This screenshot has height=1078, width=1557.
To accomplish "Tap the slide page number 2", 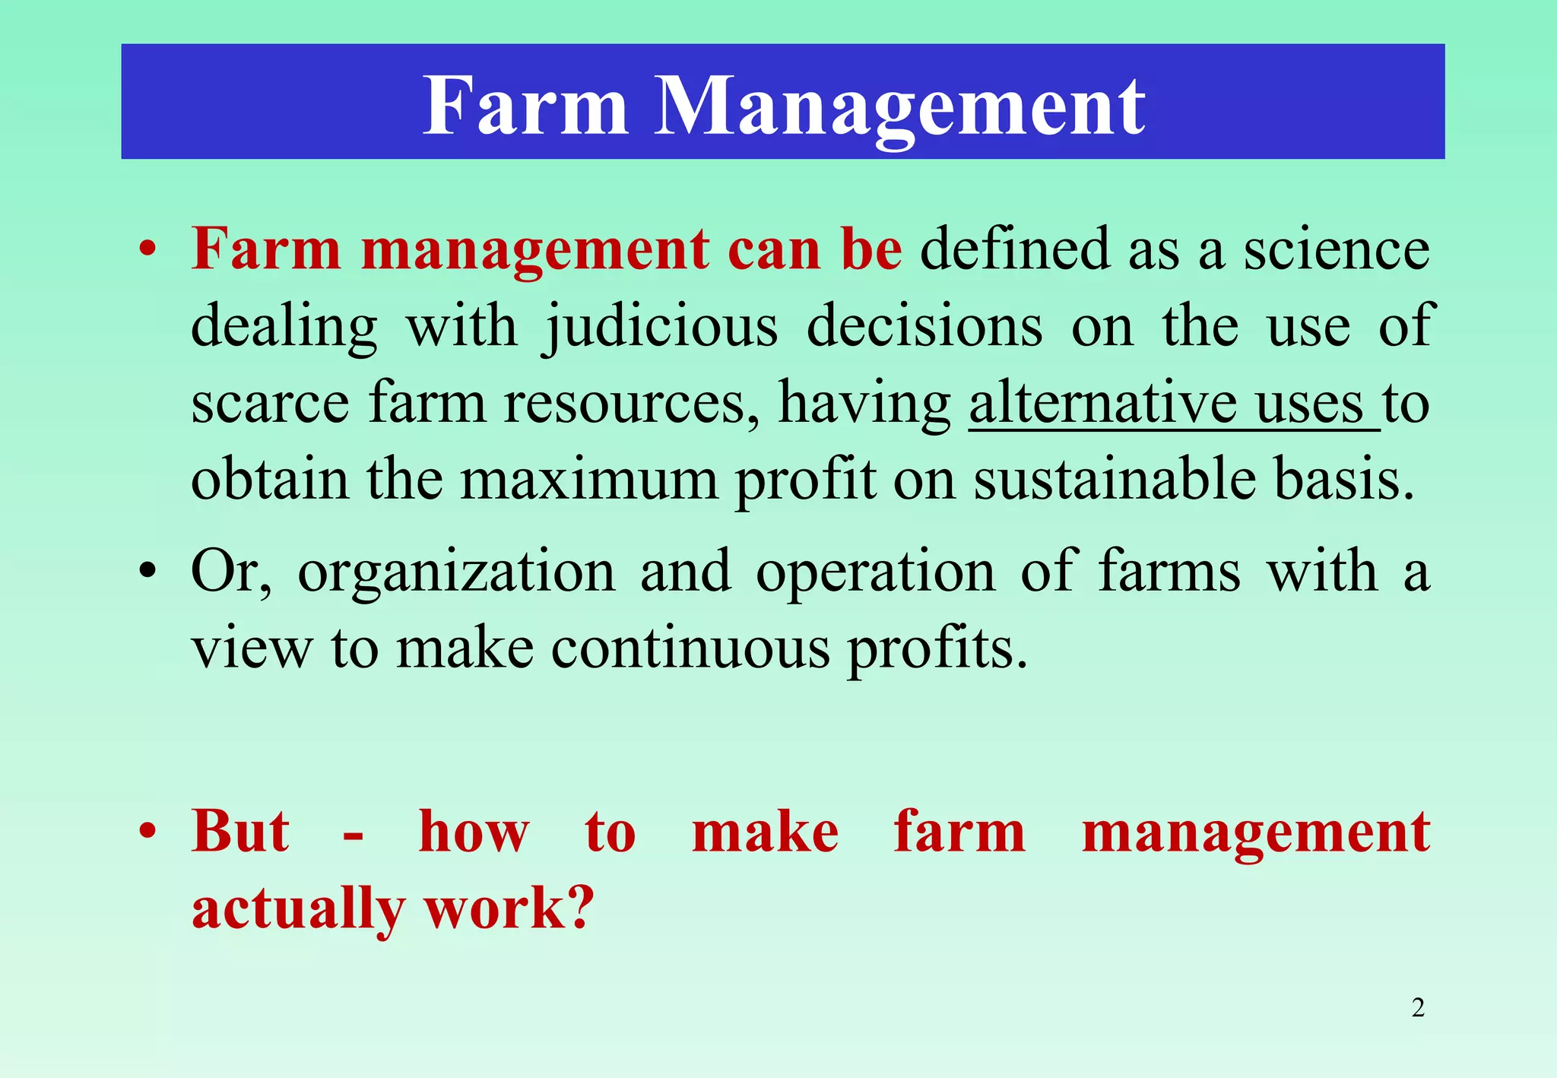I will (x=1418, y=1007).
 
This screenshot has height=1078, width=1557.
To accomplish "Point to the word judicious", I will (x=661, y=328).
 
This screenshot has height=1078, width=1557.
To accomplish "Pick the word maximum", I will (x=589, y=480).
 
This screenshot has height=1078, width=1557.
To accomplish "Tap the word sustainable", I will (x=1115, y=480).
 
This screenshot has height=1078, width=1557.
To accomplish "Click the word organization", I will (x=456, y=571).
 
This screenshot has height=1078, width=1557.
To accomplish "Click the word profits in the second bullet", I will (x=937, y=649).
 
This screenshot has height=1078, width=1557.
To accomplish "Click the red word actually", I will (x=298, y=909).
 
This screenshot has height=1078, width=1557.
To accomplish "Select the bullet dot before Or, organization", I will (x=147, y=571).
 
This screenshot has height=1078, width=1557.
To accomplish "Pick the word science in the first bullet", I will (x=1336, y=249).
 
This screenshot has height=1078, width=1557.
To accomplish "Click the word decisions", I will (x=924, y=326).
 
